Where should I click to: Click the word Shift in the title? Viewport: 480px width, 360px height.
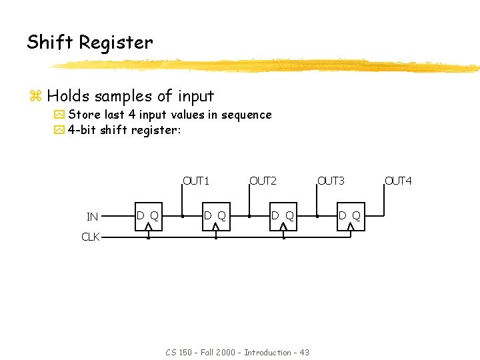[x=50, y=42]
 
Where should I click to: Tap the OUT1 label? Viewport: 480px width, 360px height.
[x=197, y=181]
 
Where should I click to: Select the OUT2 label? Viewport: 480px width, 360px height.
[x=263, y=181]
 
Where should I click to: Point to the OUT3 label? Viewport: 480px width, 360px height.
[x=331, y=181]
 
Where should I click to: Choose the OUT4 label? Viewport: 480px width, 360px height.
[x=399, y=181]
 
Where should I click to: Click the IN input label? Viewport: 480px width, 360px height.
[x=93, y=217]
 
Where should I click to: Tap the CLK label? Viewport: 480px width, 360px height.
[x=91, y=236]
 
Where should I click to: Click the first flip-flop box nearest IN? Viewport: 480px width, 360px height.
[x=148, y=217]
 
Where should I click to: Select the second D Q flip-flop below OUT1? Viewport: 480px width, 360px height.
[x=215, y=217]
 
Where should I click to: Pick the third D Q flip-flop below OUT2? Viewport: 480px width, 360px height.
[x=283, y=217]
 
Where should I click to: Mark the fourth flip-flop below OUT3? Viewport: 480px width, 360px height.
[x=350, y=217]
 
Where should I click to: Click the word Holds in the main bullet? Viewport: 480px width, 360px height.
[x=69, y=96]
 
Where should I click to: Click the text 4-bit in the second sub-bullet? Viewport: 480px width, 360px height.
[x=82, y=130]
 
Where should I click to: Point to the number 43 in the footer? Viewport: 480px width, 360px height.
[x=304, y=352]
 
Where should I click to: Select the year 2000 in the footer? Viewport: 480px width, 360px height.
[x=224, y=352]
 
